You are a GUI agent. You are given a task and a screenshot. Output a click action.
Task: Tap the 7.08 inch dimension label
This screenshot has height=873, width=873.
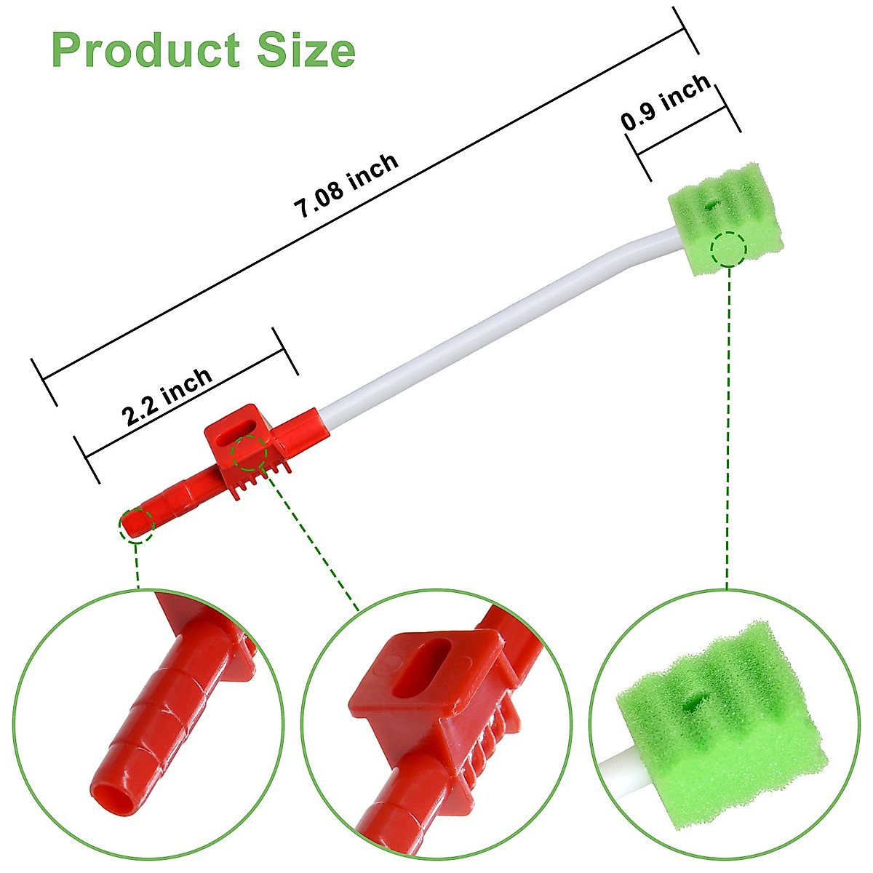tap(346, 186)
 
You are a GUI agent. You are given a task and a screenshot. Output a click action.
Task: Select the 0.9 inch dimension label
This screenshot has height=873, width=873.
tap(666, 102)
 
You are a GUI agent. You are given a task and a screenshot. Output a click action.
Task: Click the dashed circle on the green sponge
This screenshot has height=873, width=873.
tap(729, 250)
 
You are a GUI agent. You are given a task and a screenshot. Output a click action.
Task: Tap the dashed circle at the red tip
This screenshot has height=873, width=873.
tap(137, 525)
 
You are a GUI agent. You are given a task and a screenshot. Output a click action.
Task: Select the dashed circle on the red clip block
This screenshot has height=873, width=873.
tap(249, 453)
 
